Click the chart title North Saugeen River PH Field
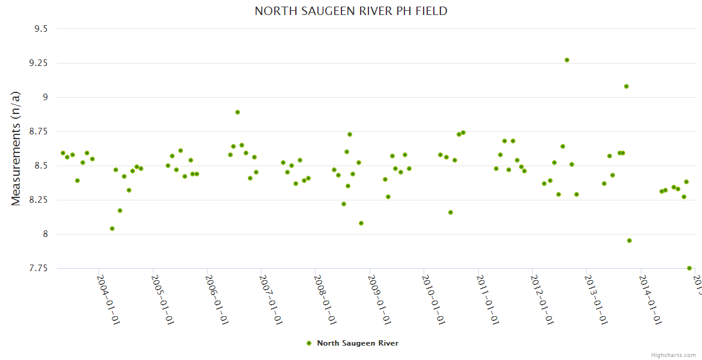[x=351, y=11]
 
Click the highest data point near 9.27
[x=567, y=60]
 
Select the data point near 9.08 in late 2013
[x=626, y=86]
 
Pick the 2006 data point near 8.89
[x=238, y=112]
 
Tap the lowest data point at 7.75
[x=689, y=268]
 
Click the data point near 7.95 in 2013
[x=629, y=241]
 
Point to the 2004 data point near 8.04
[x=112, y=229]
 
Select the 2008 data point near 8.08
[x=361, y=223]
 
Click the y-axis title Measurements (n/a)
[x=16, y=148]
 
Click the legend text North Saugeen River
[x=358, y=343]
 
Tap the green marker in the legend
[x=309, y=343]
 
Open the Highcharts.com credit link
[x=673, y=355]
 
